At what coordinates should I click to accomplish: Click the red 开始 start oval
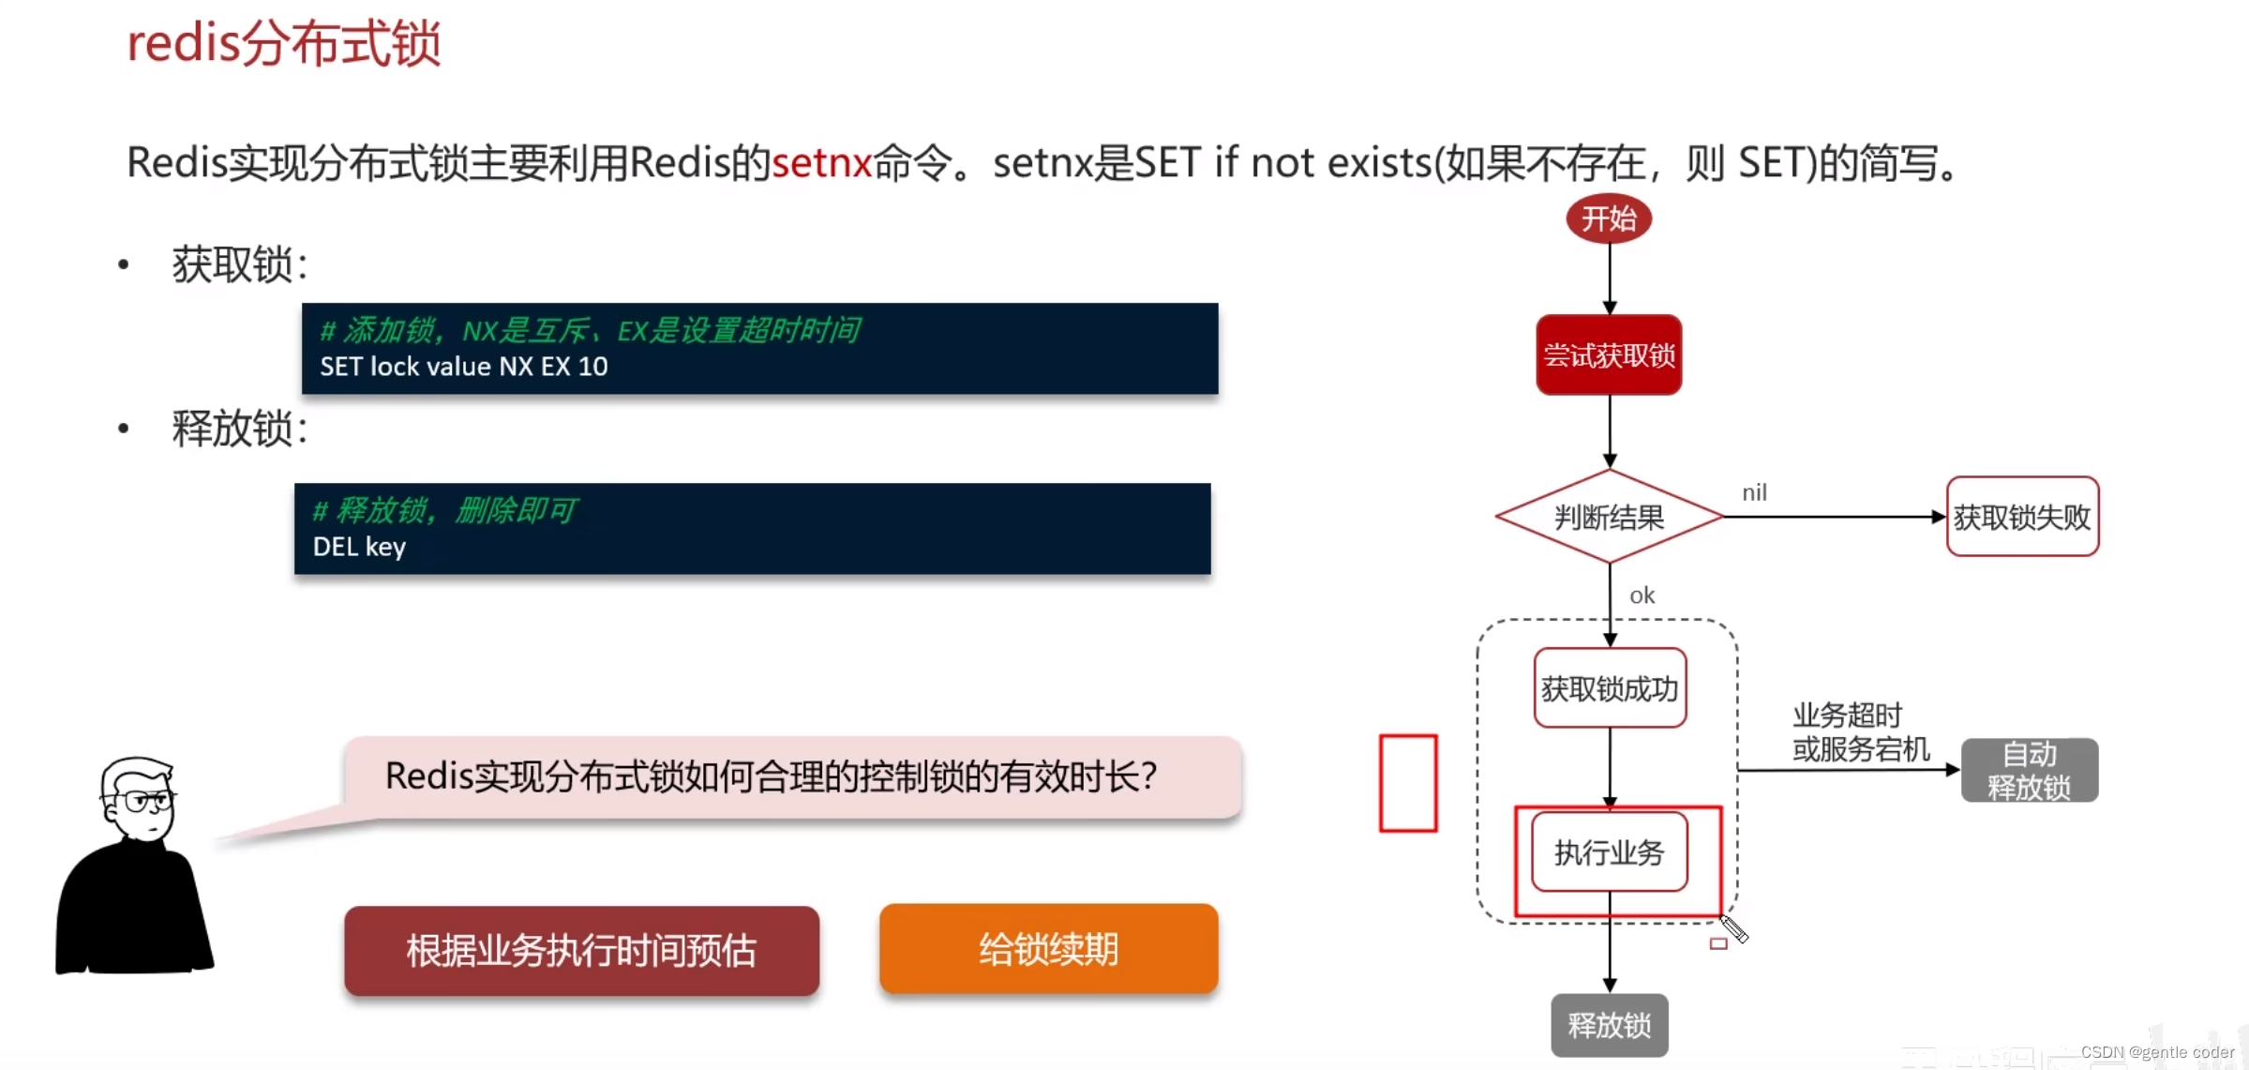point(1609,219)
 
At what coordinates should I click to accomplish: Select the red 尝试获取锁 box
point(1609,355)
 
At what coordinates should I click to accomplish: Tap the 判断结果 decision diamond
point(1609,517)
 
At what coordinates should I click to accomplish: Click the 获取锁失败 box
point(2022,517)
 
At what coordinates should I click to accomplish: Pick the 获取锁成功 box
point(1610,688)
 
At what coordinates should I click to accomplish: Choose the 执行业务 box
point(1609,852)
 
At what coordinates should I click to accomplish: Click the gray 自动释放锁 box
point(2030,770)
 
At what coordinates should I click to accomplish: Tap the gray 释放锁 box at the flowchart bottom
point(1609,1025)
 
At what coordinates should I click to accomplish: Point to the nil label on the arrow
point(1754,492)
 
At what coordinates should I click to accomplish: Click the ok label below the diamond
point(1642,595)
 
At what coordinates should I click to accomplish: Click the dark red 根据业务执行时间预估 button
point(581,950)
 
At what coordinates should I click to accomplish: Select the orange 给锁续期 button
point(1048,949)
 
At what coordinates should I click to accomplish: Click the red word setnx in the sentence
point(822,163)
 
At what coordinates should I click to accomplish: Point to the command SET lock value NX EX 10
point(464,367)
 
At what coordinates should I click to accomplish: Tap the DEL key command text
point(359,547)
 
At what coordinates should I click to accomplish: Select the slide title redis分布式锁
point(283,44)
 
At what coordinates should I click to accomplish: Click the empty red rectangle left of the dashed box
point(1408,783)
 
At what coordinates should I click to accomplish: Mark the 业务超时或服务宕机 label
point(1861,732)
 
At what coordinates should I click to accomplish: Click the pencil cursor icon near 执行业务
point(1733,929)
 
